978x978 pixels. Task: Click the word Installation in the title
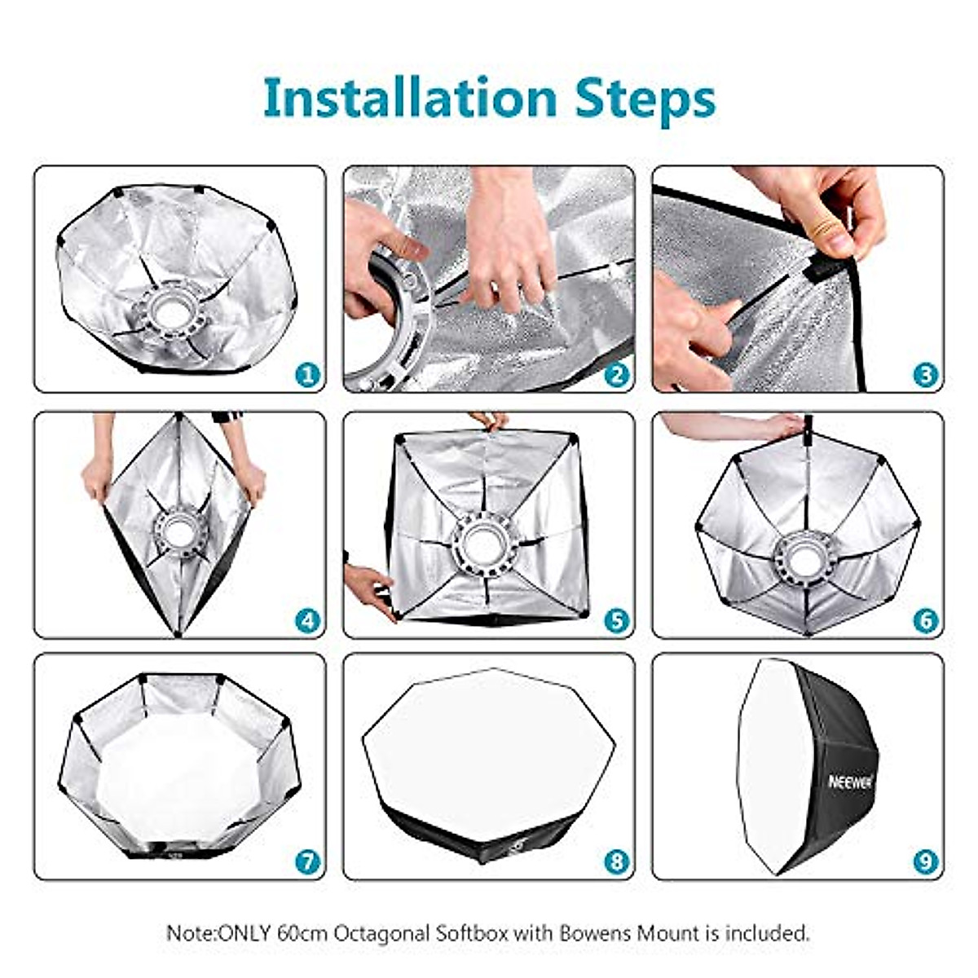pyautogui.click(x=410, y=98)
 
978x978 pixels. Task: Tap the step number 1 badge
pyautogui.click(x=307, y=375)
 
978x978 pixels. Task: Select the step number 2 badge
pyautogui.click(x=617, y=375)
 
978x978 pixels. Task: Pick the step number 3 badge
pyautogui.click(x=926, y=375)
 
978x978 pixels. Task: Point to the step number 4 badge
pyautogui.click(x=307, y=621)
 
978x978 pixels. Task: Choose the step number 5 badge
pyautogui.click(x=617, y=621)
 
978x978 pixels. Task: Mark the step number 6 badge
pyautogui.click(x=926, y=621)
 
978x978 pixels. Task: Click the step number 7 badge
pyautogui.click(x=307, y=862)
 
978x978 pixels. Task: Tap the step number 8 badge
pyautogui.click(x=617, y=862)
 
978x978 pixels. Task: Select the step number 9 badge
pyautogui.click(x=926, y=862)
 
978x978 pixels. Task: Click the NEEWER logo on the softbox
pyautogui.click(x=850, y=782)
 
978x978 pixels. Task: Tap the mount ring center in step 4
pyautogui.click(x=176, y=530)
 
